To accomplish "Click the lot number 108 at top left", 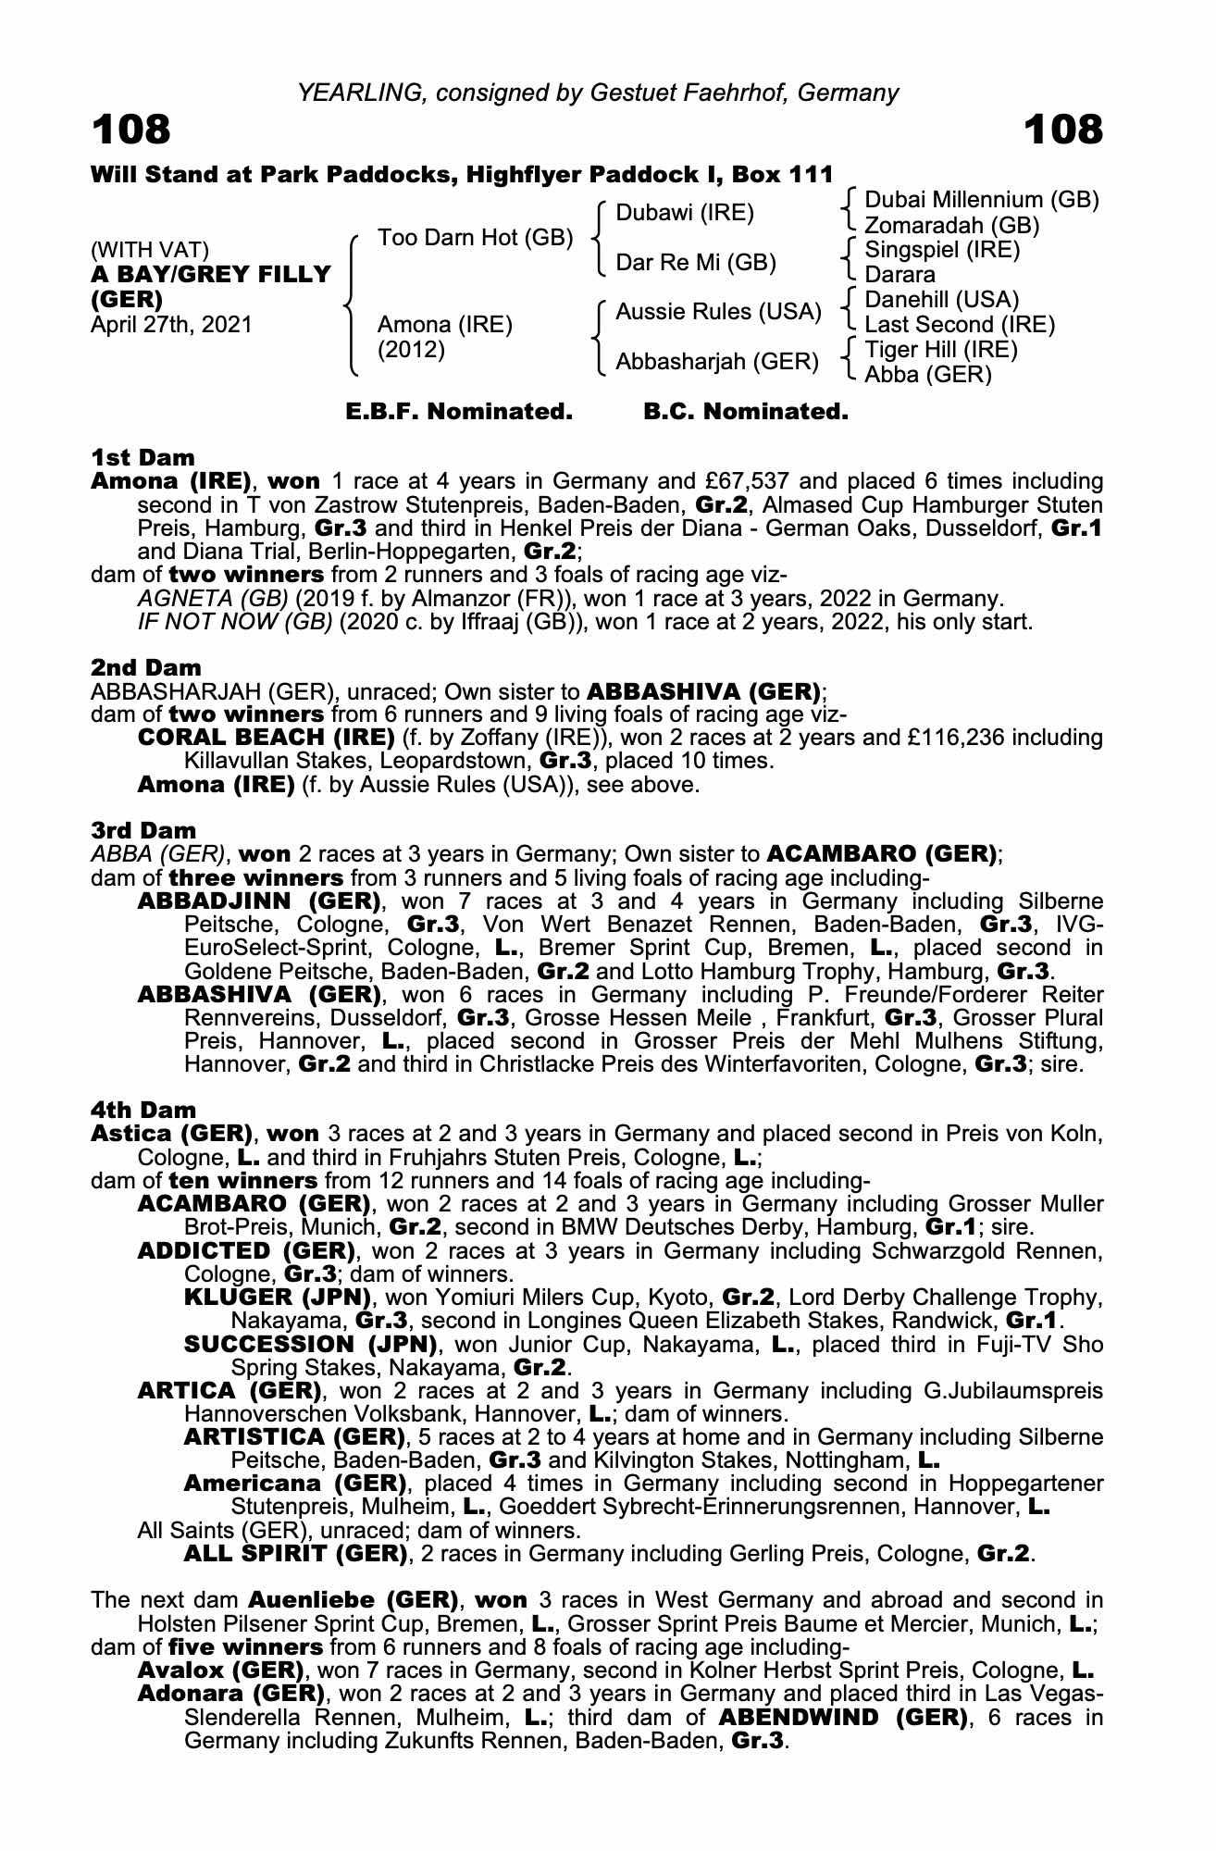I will [131, 130].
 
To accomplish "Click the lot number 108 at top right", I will [1063, 130].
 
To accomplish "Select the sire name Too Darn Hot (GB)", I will [476, 238].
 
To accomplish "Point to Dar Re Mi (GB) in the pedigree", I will [696, 263].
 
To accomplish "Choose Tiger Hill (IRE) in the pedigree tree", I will [941, 350].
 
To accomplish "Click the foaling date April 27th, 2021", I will [171, 325].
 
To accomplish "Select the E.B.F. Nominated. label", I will [459, 412].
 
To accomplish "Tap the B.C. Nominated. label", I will [746, 412].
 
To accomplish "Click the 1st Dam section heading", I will [143, 457].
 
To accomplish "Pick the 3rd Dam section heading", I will [143, 830].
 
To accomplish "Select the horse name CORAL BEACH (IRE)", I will [266, 738].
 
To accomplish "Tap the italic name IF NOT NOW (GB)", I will [234, 621].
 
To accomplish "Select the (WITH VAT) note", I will [150, 250].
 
